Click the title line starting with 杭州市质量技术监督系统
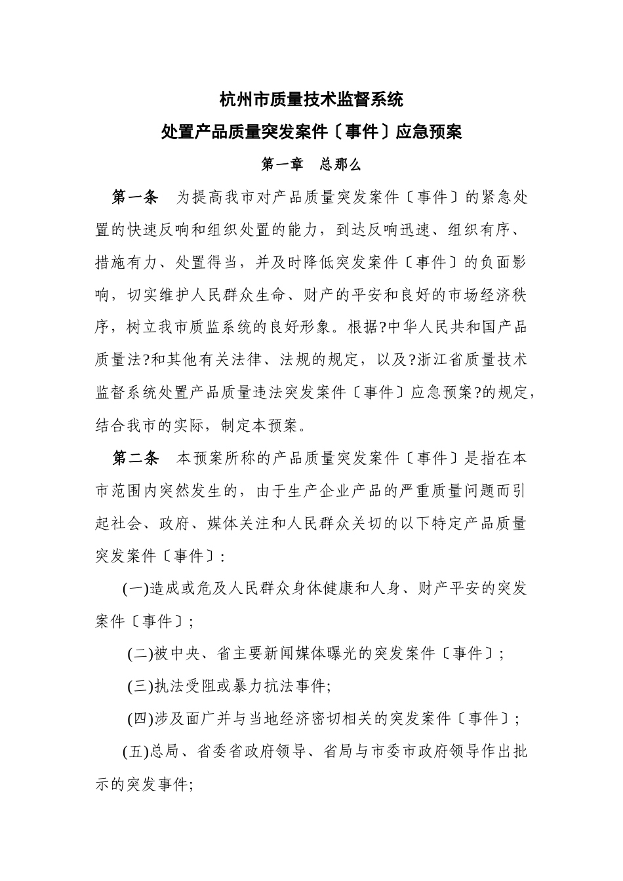coord(311,100)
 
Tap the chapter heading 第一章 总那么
coord(311,165)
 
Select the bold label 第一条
coord(136,197)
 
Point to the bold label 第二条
coord(136,458)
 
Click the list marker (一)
coord(136,589)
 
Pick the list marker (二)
coord(140,654)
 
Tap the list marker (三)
coord(140,686)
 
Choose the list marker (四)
coord(140,719)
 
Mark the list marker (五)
coord(136,752)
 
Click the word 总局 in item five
coord(165,752)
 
